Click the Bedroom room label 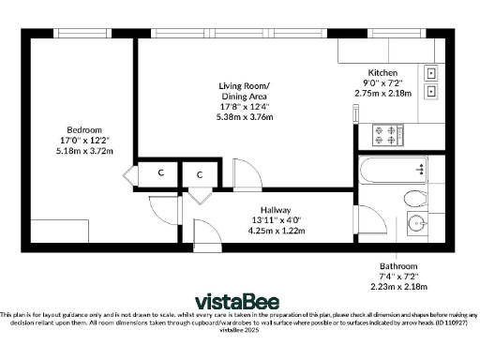83,129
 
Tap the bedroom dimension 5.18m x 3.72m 83,150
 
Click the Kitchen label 382,73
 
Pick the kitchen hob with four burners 386,136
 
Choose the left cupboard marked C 161,173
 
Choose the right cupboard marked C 201,174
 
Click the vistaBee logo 239,301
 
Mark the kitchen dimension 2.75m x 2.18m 382,94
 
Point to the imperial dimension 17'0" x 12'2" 83,140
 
